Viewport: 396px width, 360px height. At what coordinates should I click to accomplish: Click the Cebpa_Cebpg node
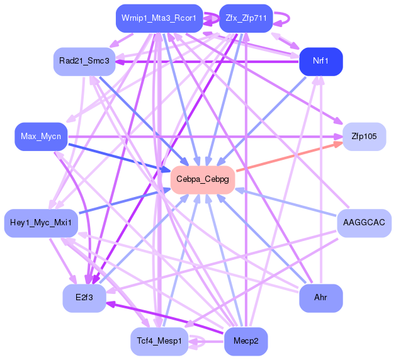click(203, 180)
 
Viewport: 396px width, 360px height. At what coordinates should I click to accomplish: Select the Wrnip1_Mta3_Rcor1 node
click(159, 18)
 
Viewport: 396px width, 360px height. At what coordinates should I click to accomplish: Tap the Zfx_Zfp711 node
click(246, 18)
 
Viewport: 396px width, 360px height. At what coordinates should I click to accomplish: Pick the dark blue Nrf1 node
click(321, 61)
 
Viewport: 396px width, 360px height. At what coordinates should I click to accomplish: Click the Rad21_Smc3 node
click(84, 61)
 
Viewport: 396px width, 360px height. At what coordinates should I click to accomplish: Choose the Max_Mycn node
click(40, 136)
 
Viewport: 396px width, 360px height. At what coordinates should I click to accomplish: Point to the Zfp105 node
click(364, 136)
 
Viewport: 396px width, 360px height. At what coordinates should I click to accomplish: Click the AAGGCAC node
click(364, 223)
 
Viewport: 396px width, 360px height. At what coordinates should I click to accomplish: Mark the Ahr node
click(321, 298)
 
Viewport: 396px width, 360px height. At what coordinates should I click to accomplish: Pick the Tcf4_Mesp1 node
click(159, 341)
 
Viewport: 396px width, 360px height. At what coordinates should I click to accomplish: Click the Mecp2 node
click(246, 341)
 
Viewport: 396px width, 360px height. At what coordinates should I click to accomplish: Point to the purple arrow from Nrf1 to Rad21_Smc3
click(208, 62)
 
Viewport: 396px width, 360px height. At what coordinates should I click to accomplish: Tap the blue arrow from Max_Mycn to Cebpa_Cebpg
click(120, 157)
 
